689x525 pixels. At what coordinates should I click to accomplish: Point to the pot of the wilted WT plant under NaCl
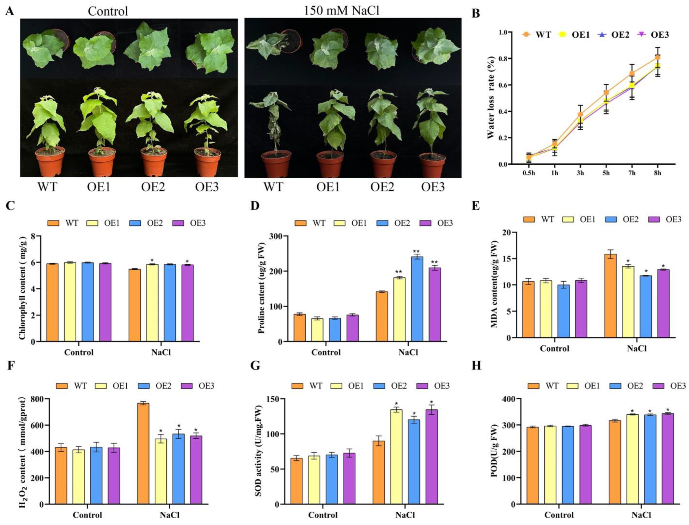[x=277, y=164]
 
